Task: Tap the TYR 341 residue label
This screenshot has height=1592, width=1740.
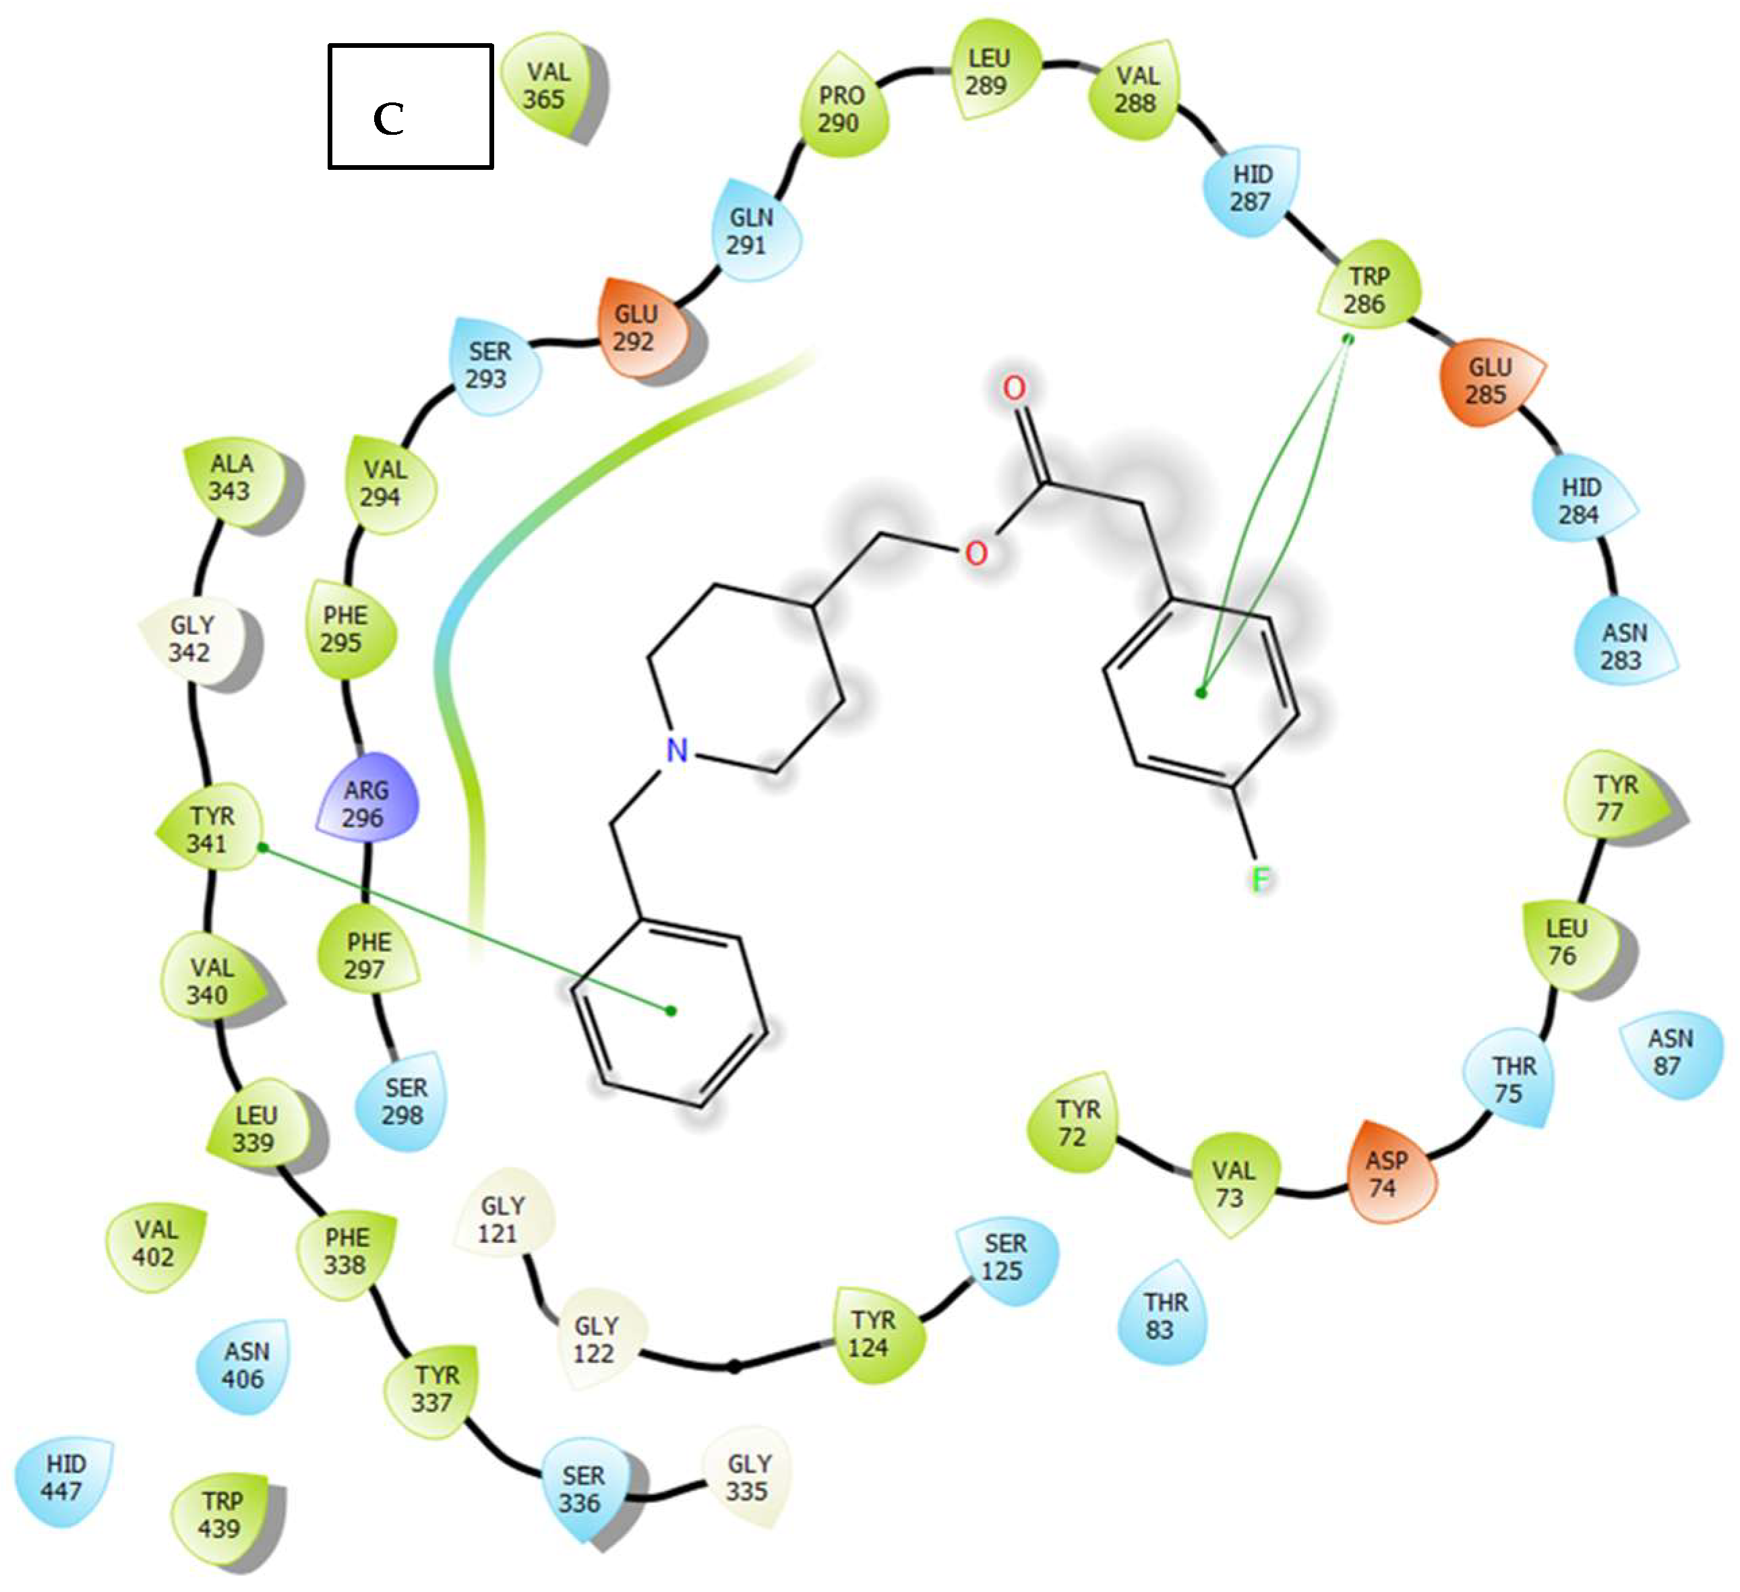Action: click(210, 828)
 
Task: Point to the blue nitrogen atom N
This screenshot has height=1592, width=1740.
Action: click(678, 750)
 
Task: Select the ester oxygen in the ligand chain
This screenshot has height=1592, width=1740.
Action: click(976, 552)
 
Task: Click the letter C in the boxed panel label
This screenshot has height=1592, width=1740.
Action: click(388, 119)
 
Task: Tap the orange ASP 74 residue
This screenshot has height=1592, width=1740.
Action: click(1388, 1173)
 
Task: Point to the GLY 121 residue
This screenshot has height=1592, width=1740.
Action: click(502, 1219)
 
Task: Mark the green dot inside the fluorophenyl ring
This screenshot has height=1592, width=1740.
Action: click(1201, 692)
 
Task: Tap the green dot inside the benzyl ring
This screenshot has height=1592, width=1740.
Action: click(671, 1010)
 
